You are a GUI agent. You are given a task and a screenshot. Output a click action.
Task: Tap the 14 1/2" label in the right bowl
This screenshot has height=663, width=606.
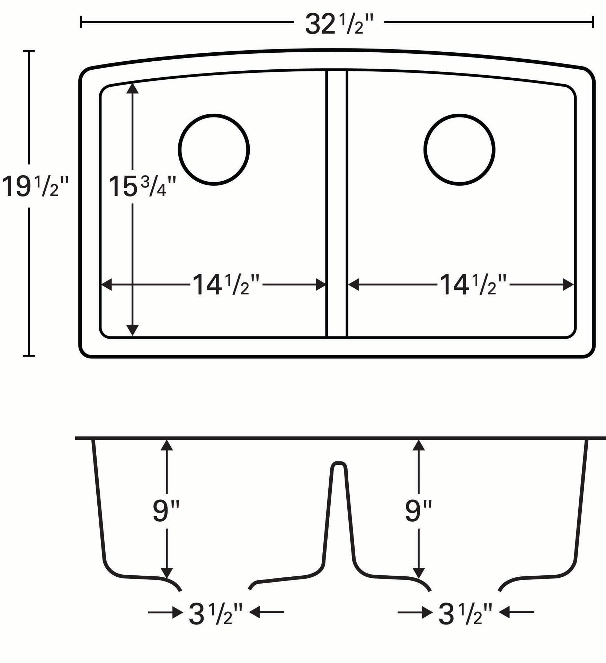point(473,285)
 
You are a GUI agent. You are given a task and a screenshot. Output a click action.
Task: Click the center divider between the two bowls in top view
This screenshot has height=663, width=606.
point(336,204)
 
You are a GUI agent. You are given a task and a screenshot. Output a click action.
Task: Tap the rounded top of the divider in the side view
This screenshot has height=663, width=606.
point(338,464)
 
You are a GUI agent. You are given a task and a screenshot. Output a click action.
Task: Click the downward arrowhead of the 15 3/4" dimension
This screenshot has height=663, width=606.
point(132,331)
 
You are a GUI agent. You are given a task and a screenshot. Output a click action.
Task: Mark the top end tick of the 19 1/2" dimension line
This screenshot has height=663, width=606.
point(29,51)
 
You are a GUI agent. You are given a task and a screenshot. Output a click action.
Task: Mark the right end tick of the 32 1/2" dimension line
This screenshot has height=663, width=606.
point(593,22)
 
